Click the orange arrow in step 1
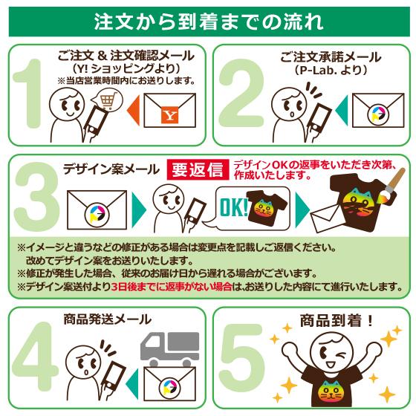click(x=132, y=114)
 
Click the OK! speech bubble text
click(x=232, y=205)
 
